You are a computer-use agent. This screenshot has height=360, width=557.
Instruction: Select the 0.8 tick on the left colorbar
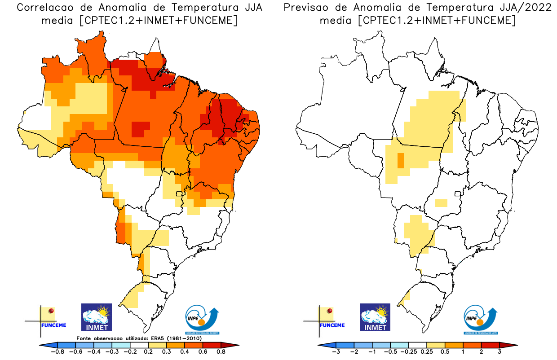(221, 351)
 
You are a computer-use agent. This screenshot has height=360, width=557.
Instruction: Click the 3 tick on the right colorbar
(500, 351)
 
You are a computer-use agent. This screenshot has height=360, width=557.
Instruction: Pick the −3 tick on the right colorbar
(336, 351)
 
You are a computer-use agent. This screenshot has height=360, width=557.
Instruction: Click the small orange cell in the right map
(400, 160)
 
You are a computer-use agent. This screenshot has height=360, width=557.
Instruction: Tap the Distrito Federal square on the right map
(458, 194)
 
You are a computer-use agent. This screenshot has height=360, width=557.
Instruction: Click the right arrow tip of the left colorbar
(237, 345)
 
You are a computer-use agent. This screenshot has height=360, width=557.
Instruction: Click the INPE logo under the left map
(202, 319)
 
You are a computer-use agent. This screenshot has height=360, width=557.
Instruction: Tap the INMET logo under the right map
(375, 317)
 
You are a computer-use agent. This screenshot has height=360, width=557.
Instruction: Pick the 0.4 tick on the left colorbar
(185, 351)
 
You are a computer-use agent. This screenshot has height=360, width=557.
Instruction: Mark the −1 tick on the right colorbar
(372, 351)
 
